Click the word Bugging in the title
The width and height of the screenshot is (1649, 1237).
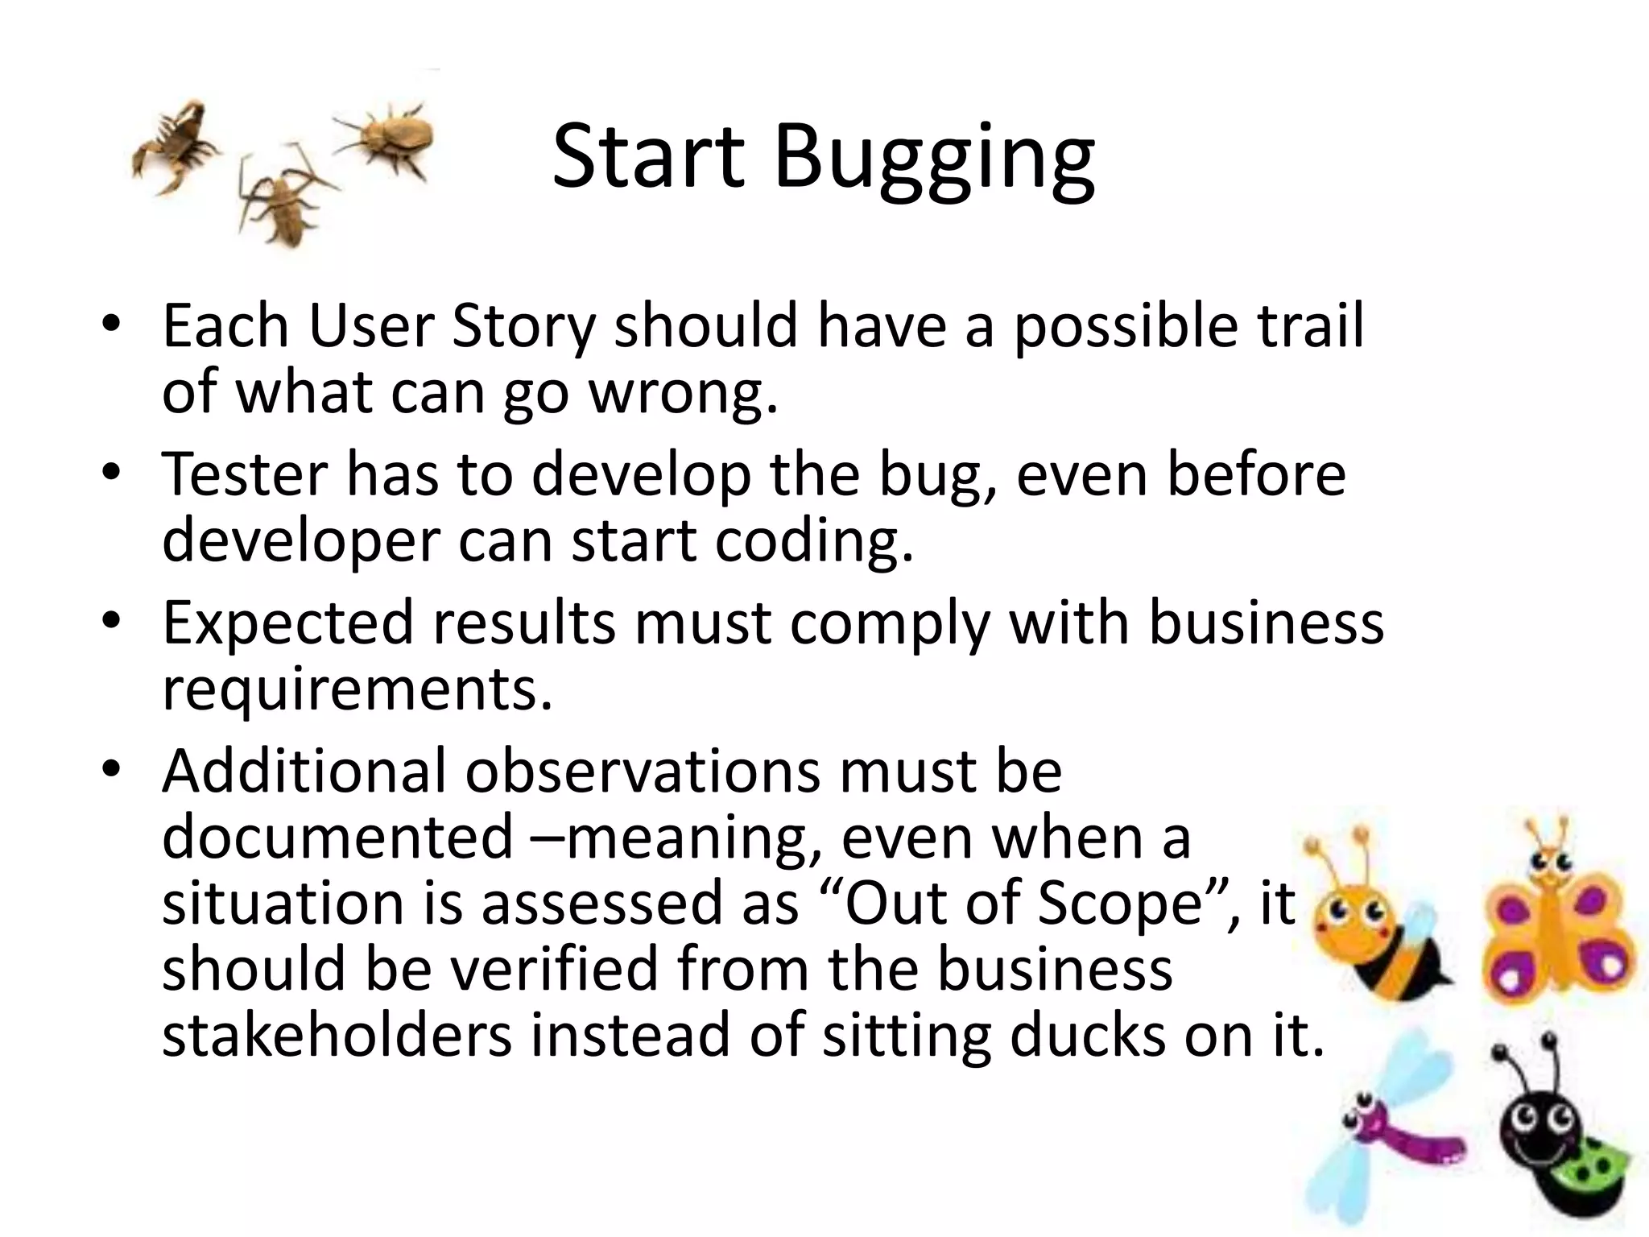(x=934, y=157)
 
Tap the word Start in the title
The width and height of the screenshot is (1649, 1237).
(x=648, y=157)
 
